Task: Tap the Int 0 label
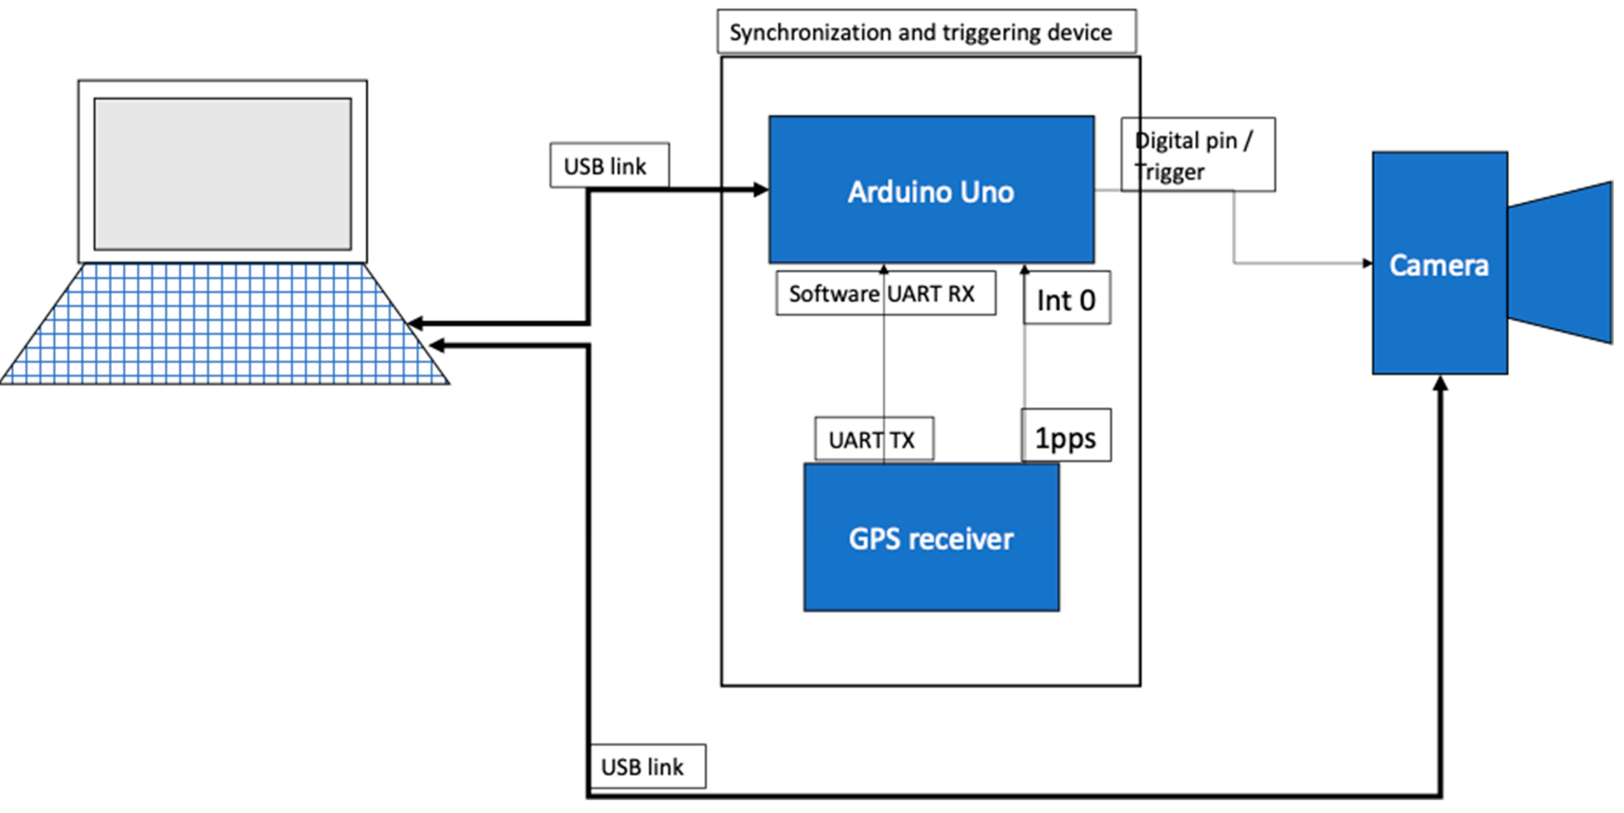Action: pos(1066,300)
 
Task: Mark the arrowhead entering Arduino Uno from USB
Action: pos(761,189)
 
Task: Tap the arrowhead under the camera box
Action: pos(1440,383)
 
